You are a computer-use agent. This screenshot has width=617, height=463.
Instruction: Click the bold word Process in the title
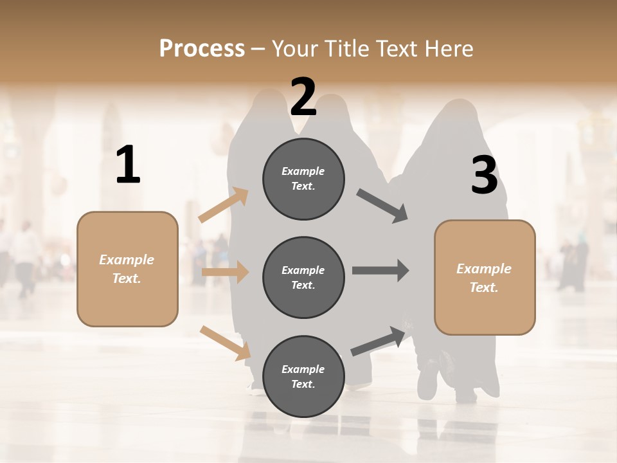202,49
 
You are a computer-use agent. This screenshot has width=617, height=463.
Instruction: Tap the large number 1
128,165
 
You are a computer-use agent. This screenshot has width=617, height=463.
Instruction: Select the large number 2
303,97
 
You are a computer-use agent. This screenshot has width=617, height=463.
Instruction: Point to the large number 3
484,175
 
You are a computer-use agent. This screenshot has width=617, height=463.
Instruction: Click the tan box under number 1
127,269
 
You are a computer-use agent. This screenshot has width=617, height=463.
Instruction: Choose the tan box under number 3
485,277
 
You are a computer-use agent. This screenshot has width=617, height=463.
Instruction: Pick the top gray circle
303,179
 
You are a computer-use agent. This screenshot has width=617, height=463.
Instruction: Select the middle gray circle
303,277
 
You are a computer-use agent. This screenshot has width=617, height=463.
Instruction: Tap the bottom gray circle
303,376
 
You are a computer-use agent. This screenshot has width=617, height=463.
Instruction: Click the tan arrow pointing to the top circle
224,205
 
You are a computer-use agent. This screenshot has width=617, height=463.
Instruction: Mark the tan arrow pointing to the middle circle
225,272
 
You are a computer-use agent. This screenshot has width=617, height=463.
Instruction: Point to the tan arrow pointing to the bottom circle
225,342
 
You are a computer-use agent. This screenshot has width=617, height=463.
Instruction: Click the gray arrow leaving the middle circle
380,270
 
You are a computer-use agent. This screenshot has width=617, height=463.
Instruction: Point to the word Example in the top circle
303,171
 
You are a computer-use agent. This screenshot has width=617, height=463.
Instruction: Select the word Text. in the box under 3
485,287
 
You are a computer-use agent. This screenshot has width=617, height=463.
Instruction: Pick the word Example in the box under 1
127,260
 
